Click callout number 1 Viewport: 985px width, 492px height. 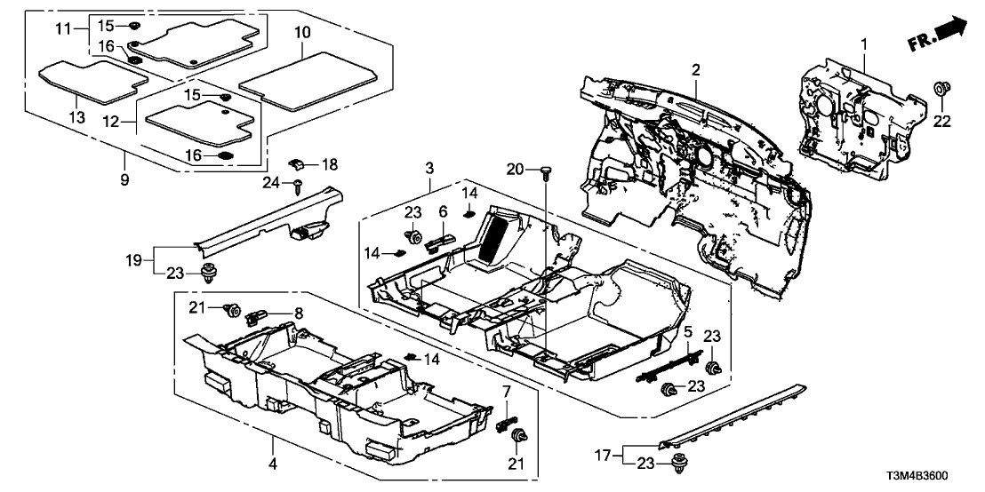[x=861, y=43]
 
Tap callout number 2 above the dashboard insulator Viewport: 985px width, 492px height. [x=696, y=69]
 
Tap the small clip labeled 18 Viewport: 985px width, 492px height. [x=300, y=163]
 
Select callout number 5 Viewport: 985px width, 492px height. [x=686, y=331]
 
